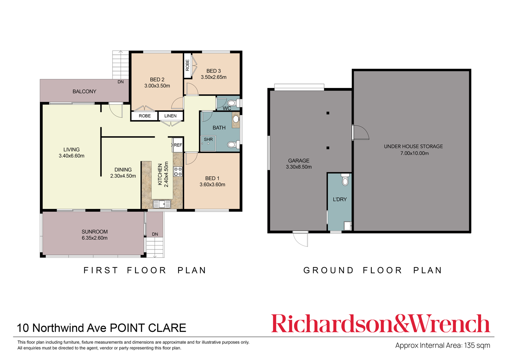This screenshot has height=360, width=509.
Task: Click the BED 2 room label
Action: (157, 80)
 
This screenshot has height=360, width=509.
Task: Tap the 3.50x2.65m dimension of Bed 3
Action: (213, 77)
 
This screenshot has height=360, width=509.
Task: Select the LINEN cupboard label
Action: (171, 116)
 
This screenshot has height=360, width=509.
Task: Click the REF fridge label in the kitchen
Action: (178, 145)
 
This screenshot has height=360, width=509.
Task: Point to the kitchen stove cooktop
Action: (178, 172)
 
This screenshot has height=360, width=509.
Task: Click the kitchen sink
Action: (162, 204)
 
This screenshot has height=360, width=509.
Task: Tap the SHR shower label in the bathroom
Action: (208, 140)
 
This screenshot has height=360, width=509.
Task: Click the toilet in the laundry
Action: (345, 180)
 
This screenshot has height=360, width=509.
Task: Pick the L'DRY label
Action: (340, 199)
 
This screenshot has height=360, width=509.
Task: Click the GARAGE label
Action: (299, 161)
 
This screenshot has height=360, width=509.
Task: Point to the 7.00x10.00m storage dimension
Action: (414, 153)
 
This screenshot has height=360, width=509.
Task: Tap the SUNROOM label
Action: (95, 232)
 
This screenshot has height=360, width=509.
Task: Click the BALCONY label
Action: (84, 92)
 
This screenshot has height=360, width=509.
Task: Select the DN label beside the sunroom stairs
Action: (155, 234)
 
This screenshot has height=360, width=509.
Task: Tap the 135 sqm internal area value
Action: (477, 345)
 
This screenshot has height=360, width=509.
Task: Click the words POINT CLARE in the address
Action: (148, 328)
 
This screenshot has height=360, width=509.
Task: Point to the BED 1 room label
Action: (212, 179)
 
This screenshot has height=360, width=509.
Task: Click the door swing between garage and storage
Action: (361, 133)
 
